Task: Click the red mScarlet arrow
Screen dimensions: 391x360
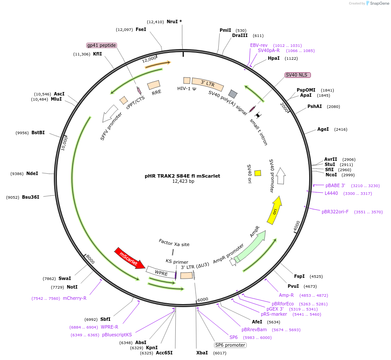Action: [130, 258]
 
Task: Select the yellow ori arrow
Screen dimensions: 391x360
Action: [275, 210]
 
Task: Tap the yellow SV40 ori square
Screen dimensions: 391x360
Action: [258, 173]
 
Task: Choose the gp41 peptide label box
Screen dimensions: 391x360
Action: [102, 45]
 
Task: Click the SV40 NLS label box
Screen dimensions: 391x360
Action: [298, 75]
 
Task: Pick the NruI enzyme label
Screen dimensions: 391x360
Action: [173, 22]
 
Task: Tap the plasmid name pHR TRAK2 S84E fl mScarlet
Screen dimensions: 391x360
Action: [182, 176]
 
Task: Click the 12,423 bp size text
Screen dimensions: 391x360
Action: [183, 182]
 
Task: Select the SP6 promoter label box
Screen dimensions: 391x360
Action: [230, 345]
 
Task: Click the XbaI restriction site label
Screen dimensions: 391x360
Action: [202, 353]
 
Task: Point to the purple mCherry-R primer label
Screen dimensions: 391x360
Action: [74, 298]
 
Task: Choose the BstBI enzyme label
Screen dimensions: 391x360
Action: [38, 132]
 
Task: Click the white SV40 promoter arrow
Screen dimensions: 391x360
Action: [281, 176]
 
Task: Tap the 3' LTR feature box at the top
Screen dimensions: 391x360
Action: [208, 84]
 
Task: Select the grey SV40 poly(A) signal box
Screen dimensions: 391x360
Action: [233, 94]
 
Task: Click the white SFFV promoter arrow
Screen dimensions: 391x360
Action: [110, 114]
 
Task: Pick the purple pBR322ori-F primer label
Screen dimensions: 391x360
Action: [335, 212]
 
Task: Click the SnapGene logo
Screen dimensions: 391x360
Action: [378, 3]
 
